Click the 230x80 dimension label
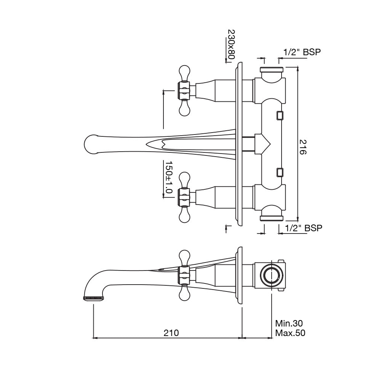coord(231,45)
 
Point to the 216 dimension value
coord(303,146)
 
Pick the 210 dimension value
coord(171,333)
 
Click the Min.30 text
coord(289,323)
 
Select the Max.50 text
coord(290,333)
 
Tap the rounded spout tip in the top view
coord(91,145)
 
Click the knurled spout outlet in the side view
coord(93,298)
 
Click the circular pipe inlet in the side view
coord(271,275)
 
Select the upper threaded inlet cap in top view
coord(271,70)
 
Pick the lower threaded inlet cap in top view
coord(271,218)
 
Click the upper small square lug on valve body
coord(280,115)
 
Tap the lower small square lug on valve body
coord(280,173)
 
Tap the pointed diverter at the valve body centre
coord(267,144)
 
